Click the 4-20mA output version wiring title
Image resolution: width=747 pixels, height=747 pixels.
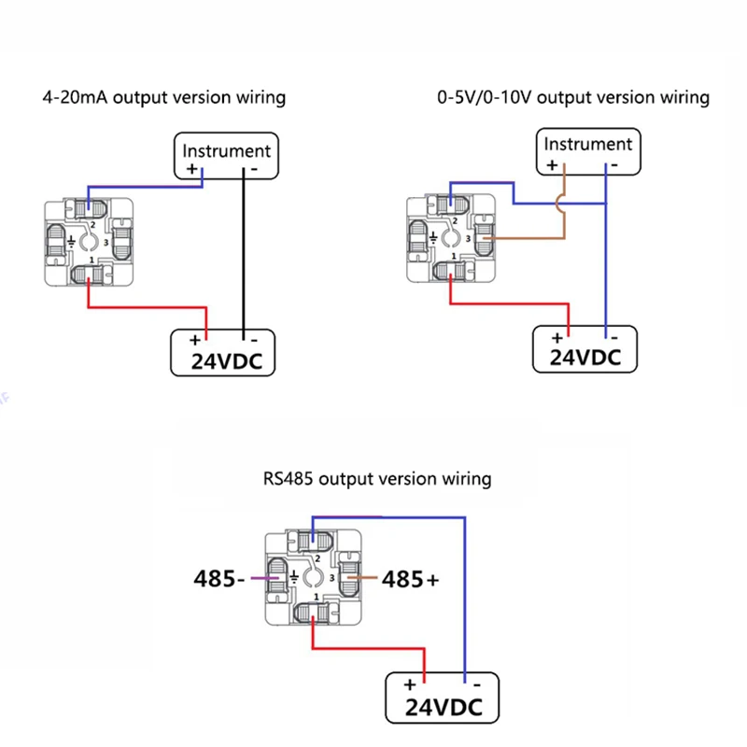164,97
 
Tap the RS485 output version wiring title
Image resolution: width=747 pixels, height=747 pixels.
376,479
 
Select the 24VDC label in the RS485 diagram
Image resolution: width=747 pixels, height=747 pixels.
444,708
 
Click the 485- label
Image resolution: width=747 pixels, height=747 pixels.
218,579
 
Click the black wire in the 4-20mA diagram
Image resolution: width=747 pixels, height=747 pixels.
244,252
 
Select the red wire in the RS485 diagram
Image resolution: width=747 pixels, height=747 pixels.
364,651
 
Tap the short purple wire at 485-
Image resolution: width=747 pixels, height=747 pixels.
261,579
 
